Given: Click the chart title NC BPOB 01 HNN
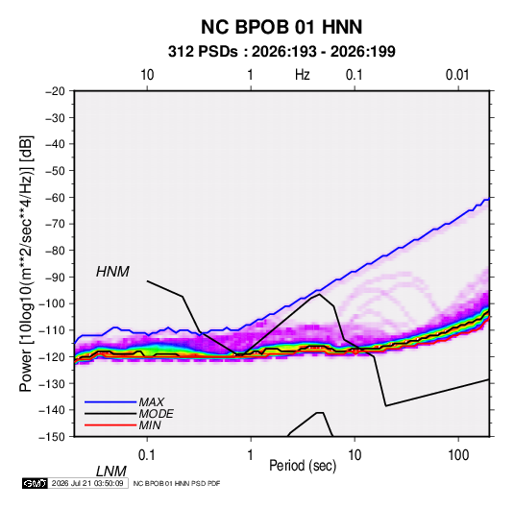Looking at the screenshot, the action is tap(281, 27).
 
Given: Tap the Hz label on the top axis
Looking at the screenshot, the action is tap(302, 75).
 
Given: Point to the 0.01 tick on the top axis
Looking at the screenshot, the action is tap(457, 75).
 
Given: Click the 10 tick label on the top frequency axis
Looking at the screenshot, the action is tap(147, 75).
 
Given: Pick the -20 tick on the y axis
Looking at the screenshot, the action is tap(55, 91).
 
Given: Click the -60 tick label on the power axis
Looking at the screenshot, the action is tap(55, 197).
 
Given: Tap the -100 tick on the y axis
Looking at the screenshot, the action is tap(52, 303).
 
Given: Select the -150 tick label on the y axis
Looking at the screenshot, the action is tap(52, 437).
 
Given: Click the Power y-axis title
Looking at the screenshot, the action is tap(26, 264).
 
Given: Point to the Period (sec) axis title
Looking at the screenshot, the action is tap(303, 466).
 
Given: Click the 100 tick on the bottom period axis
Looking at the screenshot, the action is tap(458, 455).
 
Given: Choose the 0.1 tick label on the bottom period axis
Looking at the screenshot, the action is tap(147, 455).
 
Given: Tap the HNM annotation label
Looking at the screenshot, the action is tap(112, 272).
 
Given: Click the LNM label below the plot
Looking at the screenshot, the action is tap(111, 472).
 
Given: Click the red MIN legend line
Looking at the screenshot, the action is tap(110, 425).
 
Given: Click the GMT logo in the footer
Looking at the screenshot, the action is tap(36, 483).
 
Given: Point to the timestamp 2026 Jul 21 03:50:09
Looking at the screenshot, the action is tap(87, 483).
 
